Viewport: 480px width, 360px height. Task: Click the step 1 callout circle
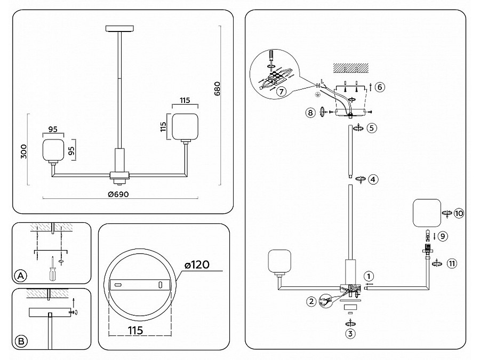point(370,276)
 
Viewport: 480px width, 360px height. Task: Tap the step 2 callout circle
point(311,301)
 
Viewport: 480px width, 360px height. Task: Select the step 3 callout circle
point(350,334)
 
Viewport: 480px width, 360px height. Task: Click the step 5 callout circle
point(372,128)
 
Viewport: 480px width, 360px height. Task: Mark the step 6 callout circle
point(379,86)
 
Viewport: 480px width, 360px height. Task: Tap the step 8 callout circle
point(310,112)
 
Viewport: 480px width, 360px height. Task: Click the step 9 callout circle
point(443,235)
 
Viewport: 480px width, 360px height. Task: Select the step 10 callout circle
point(459,213)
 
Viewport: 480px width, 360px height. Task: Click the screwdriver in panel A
point(52,270)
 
